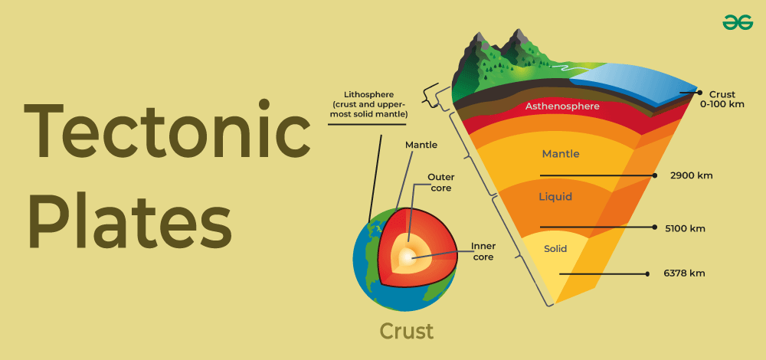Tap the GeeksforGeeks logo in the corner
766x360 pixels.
point(738,23)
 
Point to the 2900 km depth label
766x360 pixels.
point(692,175)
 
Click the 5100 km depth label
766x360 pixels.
point(686,227)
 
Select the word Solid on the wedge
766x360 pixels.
point(555,249)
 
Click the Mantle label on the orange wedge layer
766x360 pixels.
point(561,154)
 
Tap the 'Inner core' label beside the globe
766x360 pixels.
point(483,251)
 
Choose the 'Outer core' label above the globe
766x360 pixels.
point(440,182)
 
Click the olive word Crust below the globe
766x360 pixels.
point(406,331)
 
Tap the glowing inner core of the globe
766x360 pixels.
point(406,257)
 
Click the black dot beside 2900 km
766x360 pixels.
point(656,175)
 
